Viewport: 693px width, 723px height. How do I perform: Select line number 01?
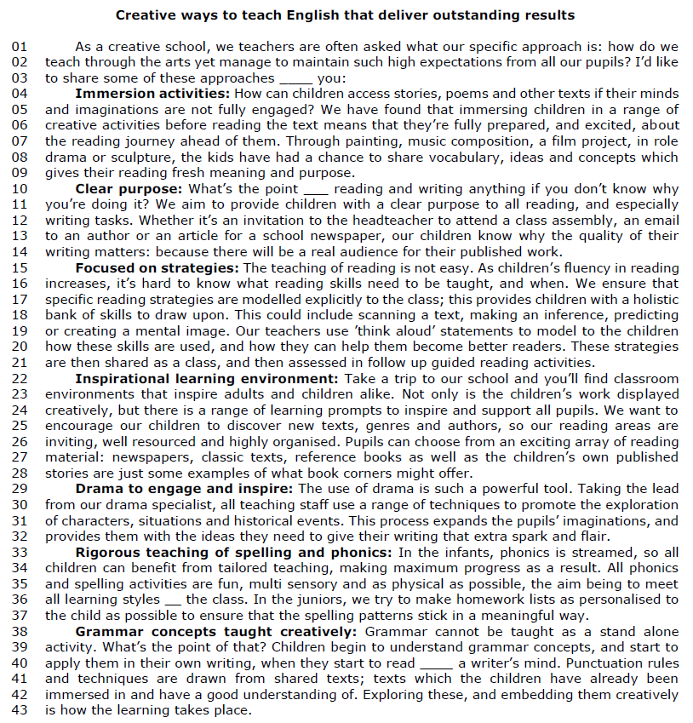[20, 48]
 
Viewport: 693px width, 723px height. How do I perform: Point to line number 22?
[20, 378]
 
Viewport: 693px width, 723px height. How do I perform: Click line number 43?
[20, 710]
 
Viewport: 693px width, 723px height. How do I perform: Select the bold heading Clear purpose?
[129, 189]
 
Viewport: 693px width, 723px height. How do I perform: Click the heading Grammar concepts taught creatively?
[217, 631]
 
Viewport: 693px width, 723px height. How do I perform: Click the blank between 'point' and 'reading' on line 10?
[315, 189]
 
